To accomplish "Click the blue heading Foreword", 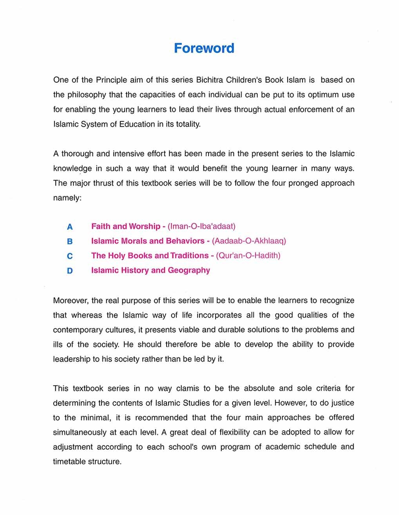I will (x=204, y=48).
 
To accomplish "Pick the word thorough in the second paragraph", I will (x=78, y=154).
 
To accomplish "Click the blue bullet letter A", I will (x=70, y=227).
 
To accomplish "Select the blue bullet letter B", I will (x=70, y=242).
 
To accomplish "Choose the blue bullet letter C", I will (x=70, y=256).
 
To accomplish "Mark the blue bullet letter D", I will (x=70, y=271).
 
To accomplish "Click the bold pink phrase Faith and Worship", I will (x=126, y=226).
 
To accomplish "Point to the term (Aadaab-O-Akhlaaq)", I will (x=249, y=241).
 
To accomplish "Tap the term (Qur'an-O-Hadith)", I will (x=248, y=256).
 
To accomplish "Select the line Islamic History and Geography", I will (x=151, y=270).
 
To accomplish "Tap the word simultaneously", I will (x=80, y=433).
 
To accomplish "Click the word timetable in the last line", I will (x=69, y=462).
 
